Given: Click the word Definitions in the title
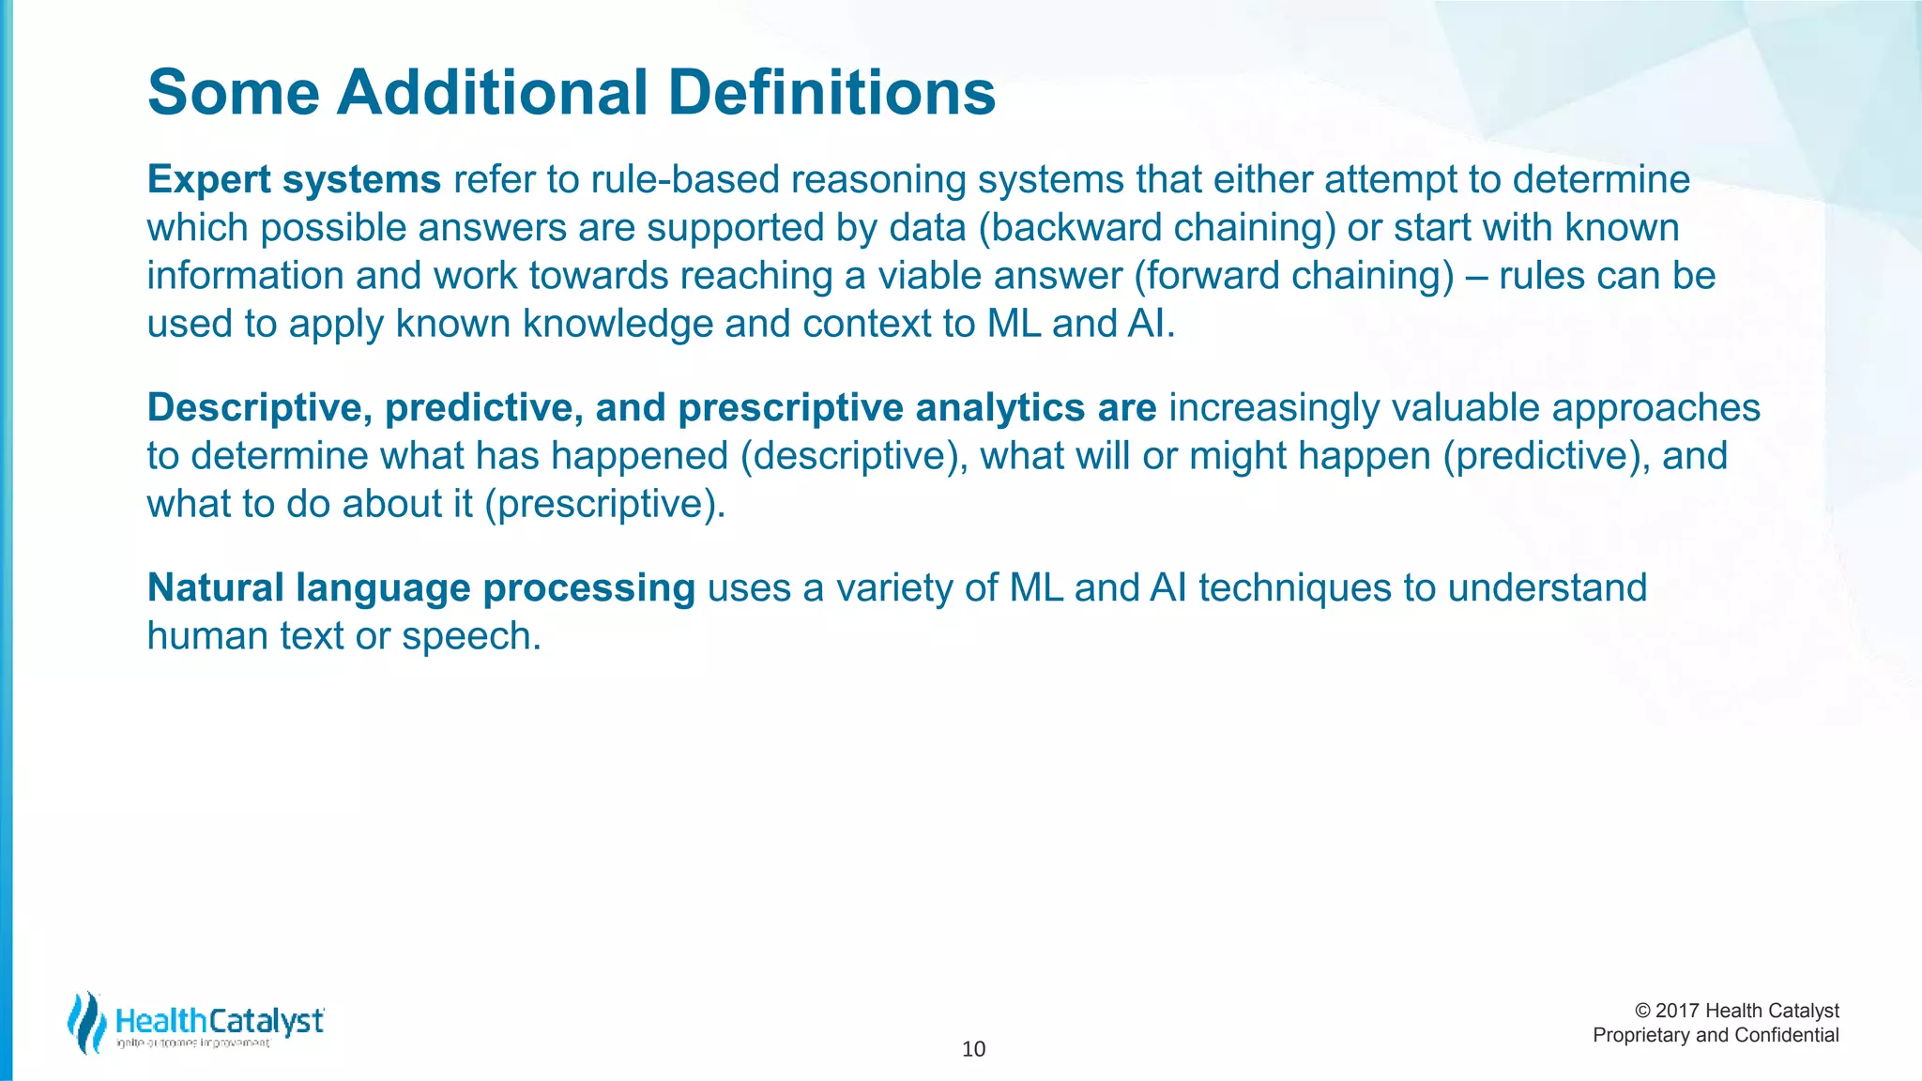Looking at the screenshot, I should pos(831,93).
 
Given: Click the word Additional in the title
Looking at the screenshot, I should pos(492,93).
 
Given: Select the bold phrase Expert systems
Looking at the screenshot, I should pos(294,179).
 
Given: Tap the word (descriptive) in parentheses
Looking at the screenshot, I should pos(854,456).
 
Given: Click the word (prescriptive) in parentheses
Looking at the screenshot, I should pos(605,505).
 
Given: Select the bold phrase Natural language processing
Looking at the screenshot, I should pos(421,588).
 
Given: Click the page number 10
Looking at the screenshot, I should pos(973,1049).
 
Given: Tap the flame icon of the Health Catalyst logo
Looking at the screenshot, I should pos(86,1023).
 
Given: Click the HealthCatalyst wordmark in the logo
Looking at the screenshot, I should pos(220,1020).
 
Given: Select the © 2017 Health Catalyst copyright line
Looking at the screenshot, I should pos(1736,1011).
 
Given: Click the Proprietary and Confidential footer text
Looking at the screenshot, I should pos(1716,1035).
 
